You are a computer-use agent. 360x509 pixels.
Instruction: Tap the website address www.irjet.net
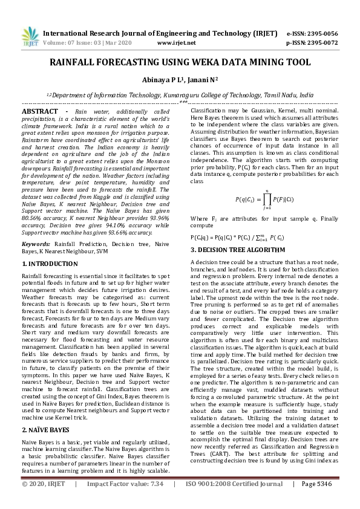click(176, 43)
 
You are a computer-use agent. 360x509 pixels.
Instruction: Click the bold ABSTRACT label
click(41, 112)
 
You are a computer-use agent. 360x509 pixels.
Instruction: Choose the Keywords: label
click(36, 244)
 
